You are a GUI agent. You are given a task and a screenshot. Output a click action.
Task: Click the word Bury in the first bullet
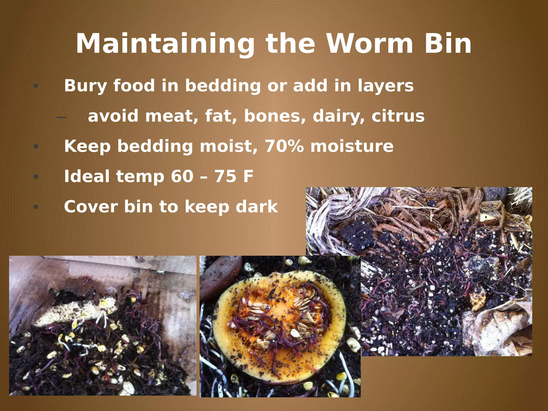[85, 86]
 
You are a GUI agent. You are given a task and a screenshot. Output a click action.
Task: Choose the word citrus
[398, 116]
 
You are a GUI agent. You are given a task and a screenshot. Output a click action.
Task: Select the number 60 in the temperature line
[182, 176]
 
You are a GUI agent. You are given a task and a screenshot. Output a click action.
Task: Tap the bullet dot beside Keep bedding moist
[36, 147]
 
